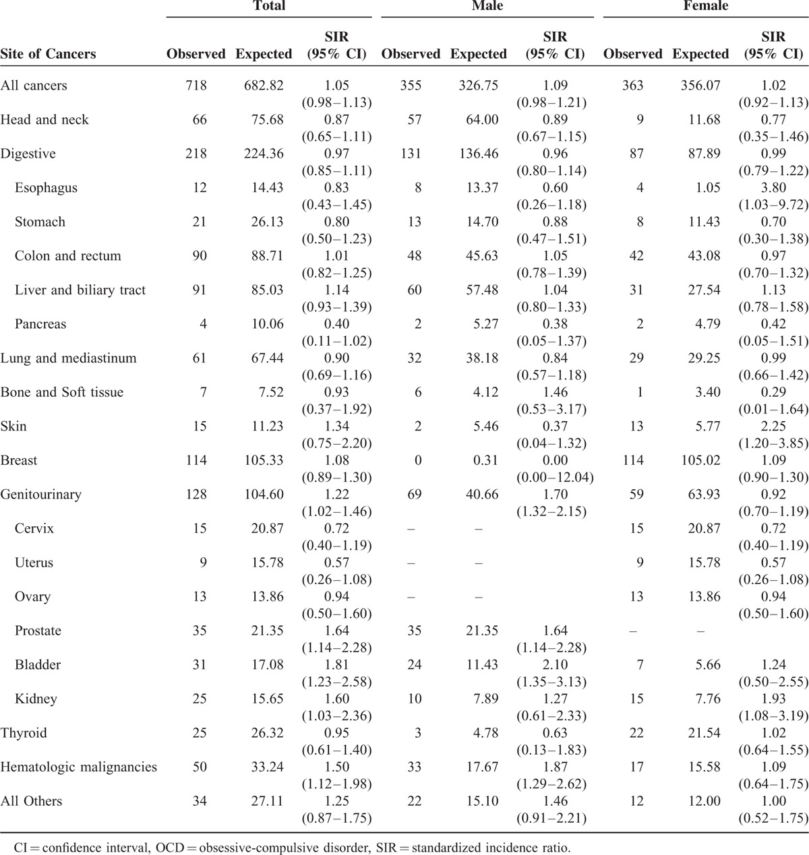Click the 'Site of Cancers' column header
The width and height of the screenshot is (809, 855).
tap(48, 54)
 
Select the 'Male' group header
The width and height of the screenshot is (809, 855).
tap(487, 6)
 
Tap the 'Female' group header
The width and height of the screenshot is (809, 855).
tap(706, 6)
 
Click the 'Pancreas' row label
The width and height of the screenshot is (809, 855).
tap(40, 324)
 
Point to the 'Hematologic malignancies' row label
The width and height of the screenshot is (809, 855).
tap(78, 767)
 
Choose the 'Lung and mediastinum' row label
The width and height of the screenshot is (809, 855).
tap(68, 358)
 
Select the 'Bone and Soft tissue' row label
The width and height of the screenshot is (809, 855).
tap(62, 392)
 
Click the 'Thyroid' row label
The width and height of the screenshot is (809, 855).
tap(24, 733)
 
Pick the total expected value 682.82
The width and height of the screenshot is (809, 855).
tap(264, 86)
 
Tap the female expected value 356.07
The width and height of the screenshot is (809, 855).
tap(700, 86)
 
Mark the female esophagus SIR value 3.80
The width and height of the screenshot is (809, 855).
tap(773, 188)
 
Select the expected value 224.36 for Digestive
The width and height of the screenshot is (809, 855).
tap(264, 154)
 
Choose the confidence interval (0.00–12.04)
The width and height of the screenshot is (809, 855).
tap(555, 477)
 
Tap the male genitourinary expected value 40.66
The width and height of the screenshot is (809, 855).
tap(481, 495)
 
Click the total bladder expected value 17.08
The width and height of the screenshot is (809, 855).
tap(267, 665)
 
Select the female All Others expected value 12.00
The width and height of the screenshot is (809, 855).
tap(703, 801)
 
